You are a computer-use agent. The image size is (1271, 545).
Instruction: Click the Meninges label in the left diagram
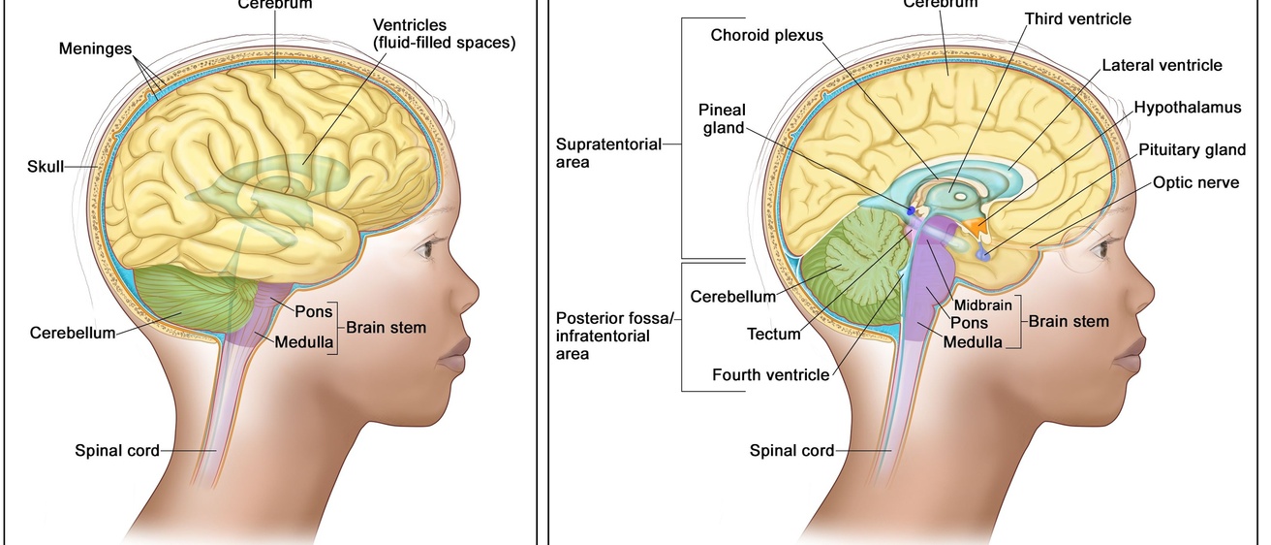(95, 48)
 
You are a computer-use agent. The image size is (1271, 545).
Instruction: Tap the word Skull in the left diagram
(45, 167)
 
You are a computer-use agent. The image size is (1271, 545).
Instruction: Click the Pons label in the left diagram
(315, 312)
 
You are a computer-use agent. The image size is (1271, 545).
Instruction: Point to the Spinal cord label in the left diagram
(116, 450)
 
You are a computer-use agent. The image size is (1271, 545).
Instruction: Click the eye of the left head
(425, 251)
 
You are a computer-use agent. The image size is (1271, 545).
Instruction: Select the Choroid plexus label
(766, 35)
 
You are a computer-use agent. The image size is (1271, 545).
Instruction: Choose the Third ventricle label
(1077, 18)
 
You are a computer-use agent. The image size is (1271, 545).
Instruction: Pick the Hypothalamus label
(1187, 108)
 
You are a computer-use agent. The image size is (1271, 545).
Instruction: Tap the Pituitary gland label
(1190, 149)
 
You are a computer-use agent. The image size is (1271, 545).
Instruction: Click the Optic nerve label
(1194, 182)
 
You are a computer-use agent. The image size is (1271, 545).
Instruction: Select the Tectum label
(774, 335)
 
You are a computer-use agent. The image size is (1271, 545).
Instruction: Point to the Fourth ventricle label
(770, 374)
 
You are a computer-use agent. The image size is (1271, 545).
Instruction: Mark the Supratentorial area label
(608, 153)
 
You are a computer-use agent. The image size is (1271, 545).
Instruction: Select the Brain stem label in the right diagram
(1069, 321)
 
